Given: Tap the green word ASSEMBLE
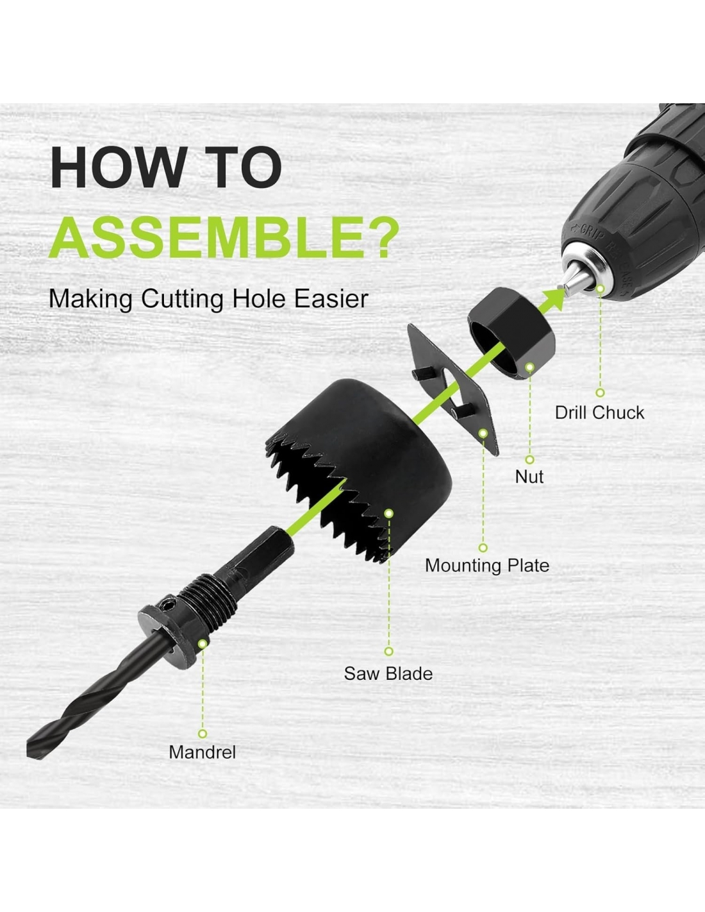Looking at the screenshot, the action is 207,237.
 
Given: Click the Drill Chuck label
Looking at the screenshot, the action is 599,412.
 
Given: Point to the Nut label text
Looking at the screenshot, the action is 529,477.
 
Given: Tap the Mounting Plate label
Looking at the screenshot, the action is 487,566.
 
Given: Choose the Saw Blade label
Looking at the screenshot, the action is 388,673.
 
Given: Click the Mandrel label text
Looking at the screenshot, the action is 202,752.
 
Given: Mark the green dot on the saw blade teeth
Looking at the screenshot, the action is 389,513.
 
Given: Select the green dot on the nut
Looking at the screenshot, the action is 529,367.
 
